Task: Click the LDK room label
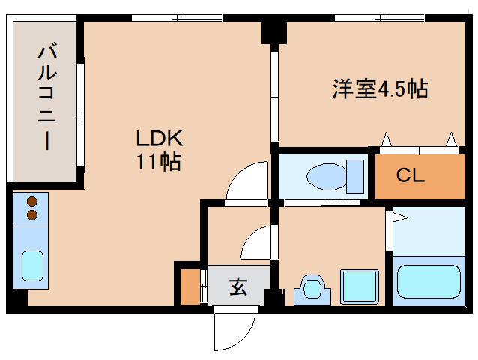[x=160, y=138]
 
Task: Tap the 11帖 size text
[x=159, y=160]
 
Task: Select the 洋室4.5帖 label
[x=380, y=89]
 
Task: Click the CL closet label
[x=411, y=176]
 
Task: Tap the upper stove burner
[x=32, y=201]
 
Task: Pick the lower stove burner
[x=32, y=215]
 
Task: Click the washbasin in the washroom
[x=312, y=288]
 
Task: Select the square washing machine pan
[x=360, y=285]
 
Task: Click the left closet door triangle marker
[x=387, y=139]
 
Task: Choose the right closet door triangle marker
[x=452, y=139]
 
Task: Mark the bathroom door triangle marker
[x=399, y=218]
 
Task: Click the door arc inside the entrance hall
[x=256, y=243]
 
